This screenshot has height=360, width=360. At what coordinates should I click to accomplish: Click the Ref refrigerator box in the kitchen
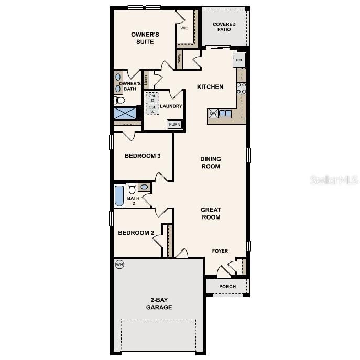(x=239, y=60)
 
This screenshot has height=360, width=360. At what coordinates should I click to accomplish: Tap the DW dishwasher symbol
(x=213, y=113)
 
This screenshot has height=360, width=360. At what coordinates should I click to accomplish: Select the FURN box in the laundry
(x=174, y=125)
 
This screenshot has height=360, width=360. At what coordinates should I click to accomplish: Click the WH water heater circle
(x=119, y=264)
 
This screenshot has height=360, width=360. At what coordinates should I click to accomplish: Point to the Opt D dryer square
(x=152, y=98)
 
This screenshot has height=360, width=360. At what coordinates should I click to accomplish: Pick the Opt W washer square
(x=152, y=110)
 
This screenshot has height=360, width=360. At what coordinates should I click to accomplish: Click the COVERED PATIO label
(x=224, y=27)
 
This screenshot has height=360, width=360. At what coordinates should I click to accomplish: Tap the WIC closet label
(x=184, y=28)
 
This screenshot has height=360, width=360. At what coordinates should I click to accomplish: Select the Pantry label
(x=179, y=60)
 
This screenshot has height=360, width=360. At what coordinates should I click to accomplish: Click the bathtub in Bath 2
(x=119, y=196)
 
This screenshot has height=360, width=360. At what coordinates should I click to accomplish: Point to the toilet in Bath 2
(x=132, y=188)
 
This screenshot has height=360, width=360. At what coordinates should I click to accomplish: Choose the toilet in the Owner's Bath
(x=119, y=100)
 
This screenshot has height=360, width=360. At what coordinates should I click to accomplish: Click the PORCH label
(x=227, y=286)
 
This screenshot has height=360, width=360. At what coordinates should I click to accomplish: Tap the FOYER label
(x=220, y=251)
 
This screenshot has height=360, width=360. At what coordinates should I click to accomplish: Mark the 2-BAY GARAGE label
(x=159, y=303)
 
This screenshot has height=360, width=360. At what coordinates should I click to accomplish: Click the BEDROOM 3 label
(x=143, y=156)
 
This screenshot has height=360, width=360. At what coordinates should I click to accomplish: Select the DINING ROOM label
(x=211, y=162)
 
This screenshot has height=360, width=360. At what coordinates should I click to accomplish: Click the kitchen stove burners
(x=242, y=88)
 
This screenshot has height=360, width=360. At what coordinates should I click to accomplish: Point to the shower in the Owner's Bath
(x=125, y=113)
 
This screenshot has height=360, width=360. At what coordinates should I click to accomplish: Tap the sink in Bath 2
(x=144, y=187)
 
